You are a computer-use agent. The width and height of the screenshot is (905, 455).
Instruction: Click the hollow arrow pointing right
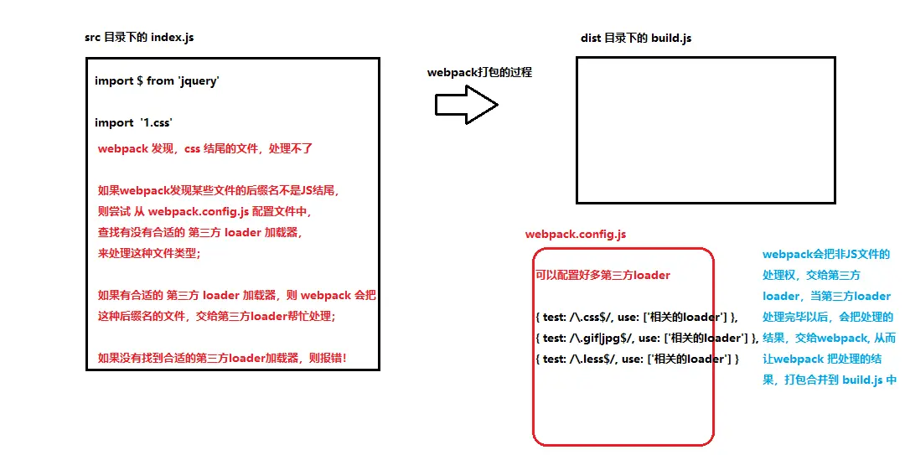click(466, 105)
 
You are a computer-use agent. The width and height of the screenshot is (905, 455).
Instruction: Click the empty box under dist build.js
click(706, 130)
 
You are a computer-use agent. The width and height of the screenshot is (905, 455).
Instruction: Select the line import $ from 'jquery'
click(157, 80)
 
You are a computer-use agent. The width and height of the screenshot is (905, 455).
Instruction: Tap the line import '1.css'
click(133, 122)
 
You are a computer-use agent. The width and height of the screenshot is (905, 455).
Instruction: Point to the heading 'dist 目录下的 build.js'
click(636, 38)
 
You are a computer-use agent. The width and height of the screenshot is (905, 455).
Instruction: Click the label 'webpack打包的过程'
click(479, 72)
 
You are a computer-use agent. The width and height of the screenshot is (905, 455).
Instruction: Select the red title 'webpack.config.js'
click(576, 234)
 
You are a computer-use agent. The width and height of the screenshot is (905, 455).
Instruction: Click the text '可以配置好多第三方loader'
click(602, 275)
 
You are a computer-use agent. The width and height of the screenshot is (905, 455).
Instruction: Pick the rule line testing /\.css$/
click(637, 317)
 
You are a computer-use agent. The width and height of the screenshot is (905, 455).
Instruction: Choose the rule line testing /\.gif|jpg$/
click(646, 338)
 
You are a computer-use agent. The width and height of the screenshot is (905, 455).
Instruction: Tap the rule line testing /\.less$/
click(637, 359)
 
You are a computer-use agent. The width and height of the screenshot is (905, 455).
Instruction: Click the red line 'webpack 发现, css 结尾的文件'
click(205, 149)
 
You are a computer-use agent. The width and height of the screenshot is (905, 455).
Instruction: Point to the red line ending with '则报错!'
click(222, 359)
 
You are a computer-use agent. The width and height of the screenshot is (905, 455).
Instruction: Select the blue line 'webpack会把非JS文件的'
click(825, 254)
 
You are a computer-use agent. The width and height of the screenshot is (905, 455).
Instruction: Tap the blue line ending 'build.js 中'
click(829, 380)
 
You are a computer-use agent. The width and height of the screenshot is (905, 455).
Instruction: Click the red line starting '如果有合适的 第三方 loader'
click(237, 295)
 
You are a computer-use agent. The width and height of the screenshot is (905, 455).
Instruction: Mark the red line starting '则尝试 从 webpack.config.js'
click(204, 212)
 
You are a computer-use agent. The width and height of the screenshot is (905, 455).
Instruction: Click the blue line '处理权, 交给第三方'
click(811, 275)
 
